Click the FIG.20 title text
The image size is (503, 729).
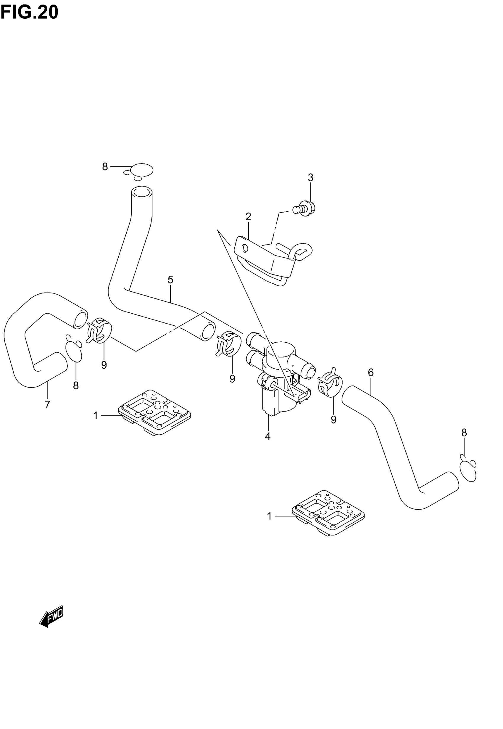point(29,13)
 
